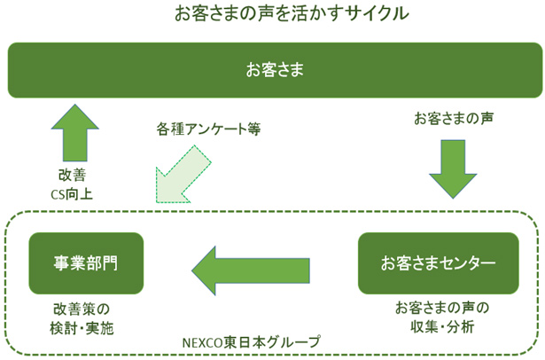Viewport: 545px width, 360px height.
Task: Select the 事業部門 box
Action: click(x=85, y=263)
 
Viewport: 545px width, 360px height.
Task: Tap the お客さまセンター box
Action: click(x=438, y=263)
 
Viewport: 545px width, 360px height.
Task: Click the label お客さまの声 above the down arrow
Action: click(x=454, y=118)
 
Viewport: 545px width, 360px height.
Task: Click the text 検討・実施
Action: click(x=85, y=327)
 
